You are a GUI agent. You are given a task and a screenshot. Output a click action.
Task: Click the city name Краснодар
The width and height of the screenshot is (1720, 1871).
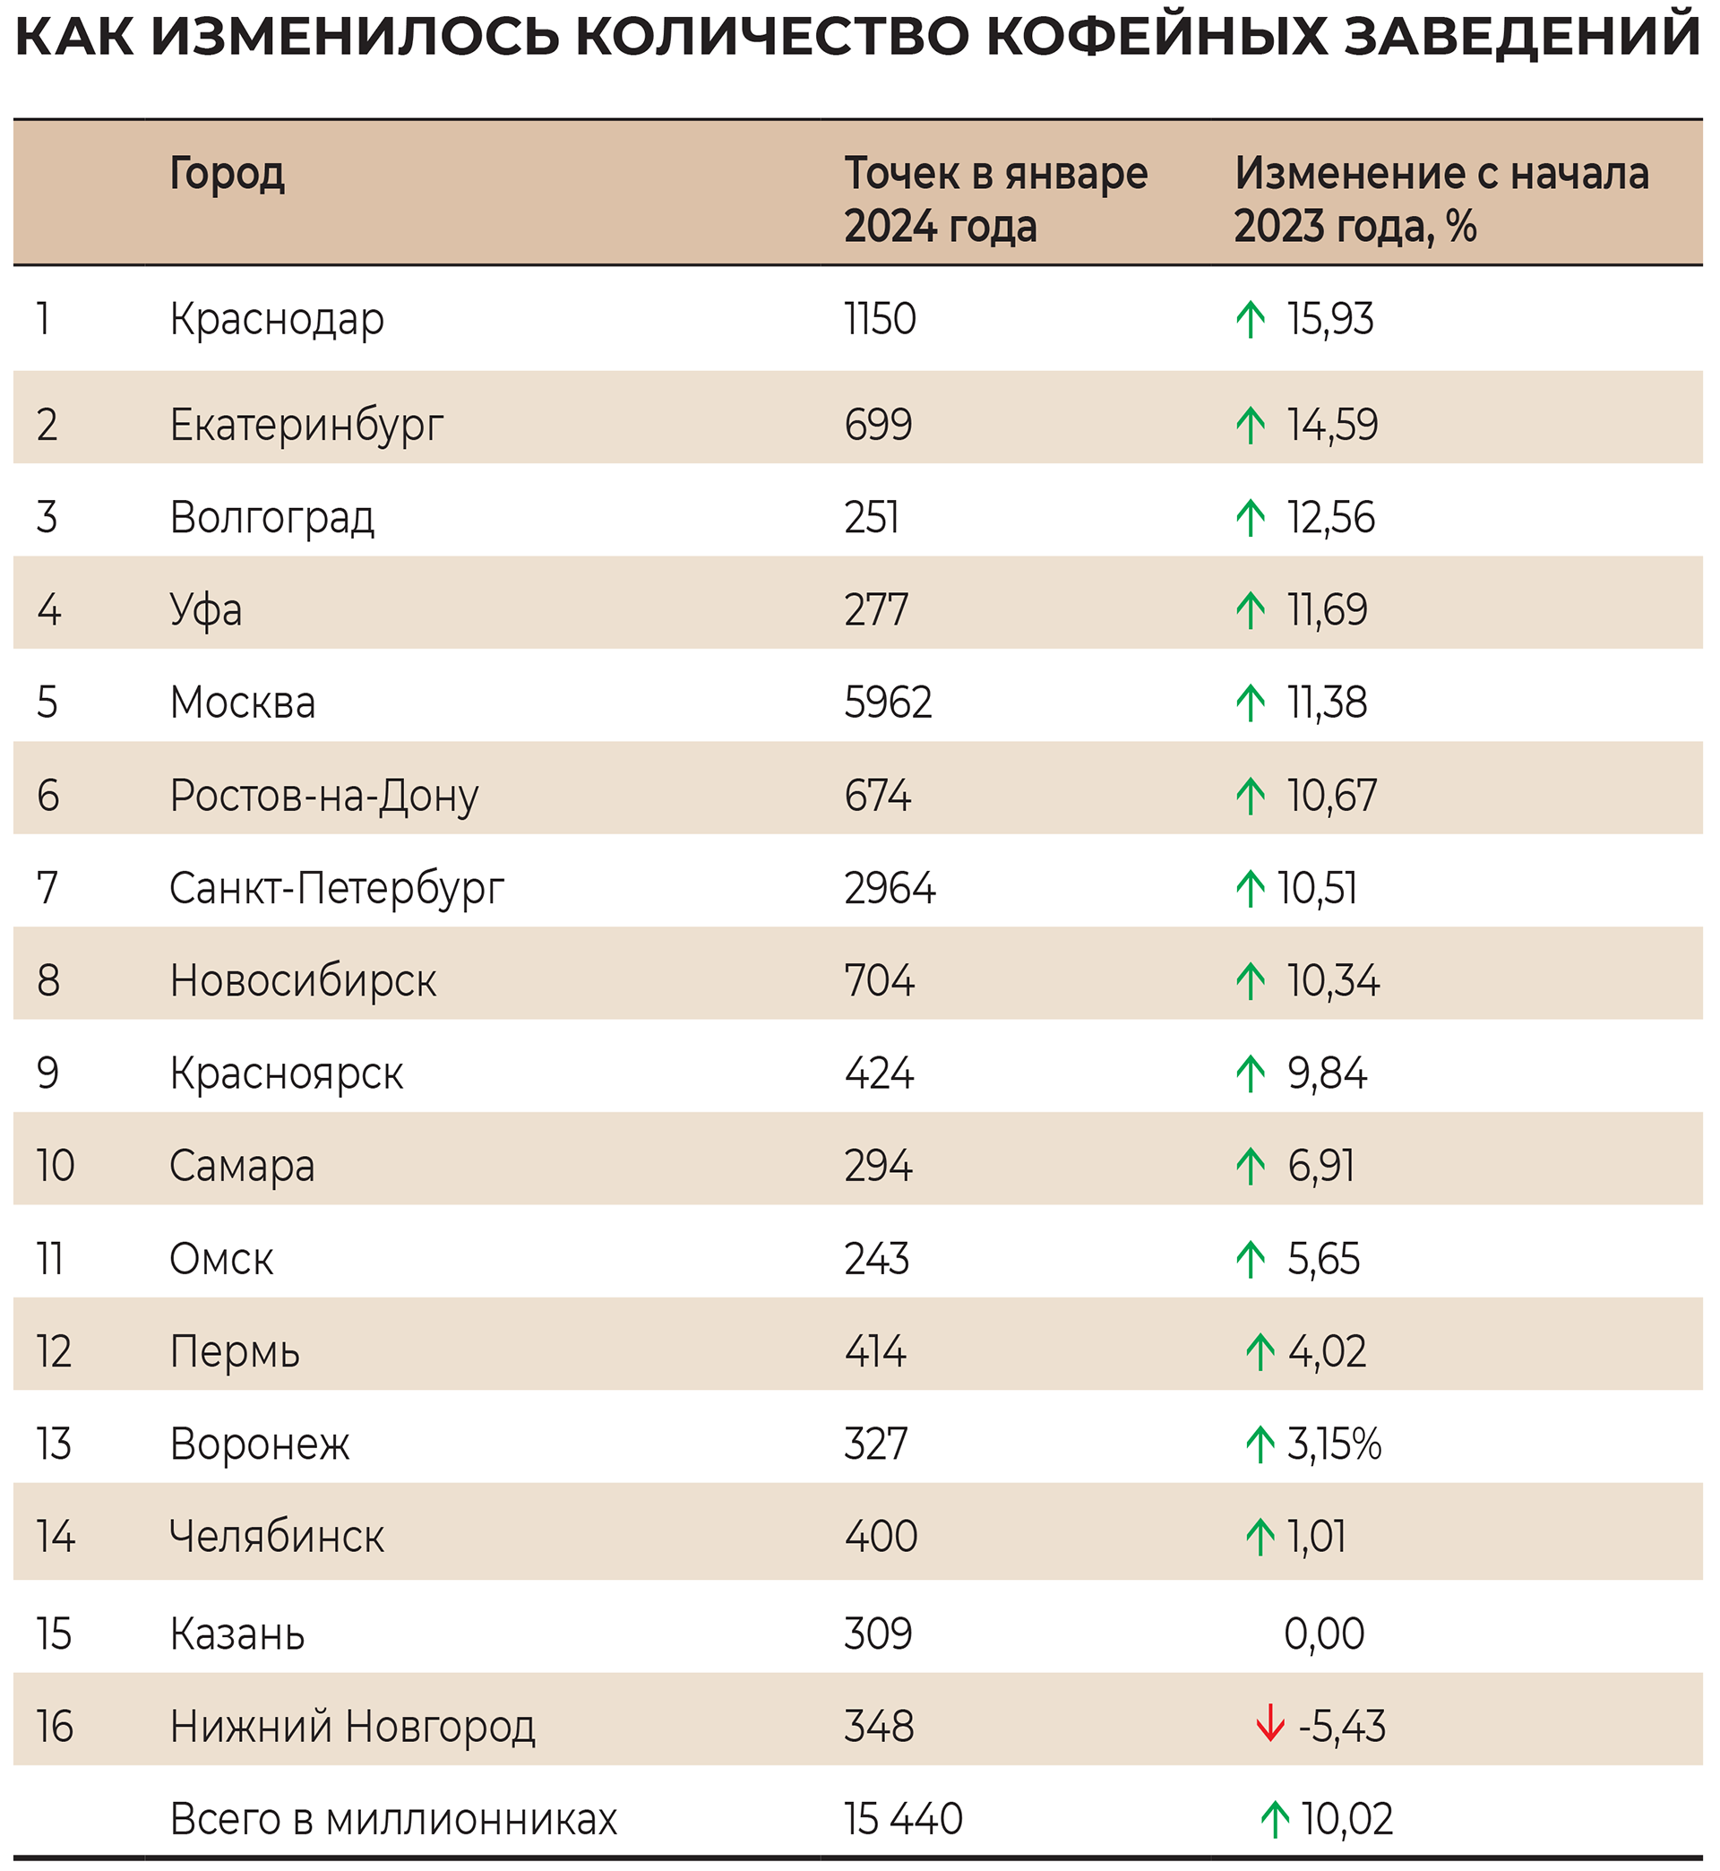[x=277, y=320]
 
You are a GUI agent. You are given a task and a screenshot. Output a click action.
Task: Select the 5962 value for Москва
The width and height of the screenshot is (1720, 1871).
[x=887, y=703]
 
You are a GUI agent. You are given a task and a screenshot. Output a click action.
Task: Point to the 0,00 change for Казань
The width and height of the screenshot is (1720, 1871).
[x=1323, y=1634]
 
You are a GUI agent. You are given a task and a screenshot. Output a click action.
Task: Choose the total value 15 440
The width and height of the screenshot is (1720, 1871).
[x=903, y=1819]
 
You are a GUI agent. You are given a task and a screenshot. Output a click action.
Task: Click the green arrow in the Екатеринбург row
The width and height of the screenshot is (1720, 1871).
[x=1250, y=426]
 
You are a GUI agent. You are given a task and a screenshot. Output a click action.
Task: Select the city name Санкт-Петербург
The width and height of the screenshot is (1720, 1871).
[x=336, y=889]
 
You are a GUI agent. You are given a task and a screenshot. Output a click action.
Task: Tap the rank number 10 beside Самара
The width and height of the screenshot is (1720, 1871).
[x=55, y=1167]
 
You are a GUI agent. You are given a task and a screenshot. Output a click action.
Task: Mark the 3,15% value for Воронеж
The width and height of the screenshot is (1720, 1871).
[x=1334, y=1444]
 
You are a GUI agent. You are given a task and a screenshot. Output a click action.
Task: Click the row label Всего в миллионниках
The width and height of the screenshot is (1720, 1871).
[x=392, y=1819]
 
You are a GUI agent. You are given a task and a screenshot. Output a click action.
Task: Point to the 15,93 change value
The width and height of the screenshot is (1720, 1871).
[x=1329, y=319]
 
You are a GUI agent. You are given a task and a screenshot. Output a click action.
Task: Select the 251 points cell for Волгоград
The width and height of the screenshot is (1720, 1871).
[x=871, y=518]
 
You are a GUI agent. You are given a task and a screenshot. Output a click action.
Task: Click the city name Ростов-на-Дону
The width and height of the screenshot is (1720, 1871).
[x=324, y=796]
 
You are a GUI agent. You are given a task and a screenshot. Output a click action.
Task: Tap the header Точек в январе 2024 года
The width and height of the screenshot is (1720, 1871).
[x=995, y=199]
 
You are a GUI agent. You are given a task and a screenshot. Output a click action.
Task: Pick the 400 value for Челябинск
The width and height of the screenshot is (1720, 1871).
[x=881, y=1537]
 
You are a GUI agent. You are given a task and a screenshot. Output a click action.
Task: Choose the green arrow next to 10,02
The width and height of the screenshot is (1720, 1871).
[x=1274, y=1819]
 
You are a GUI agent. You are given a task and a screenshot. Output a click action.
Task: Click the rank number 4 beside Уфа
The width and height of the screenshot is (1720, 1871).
[x=48, y=610]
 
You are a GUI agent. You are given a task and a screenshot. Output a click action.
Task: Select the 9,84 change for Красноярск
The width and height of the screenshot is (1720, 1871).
[x=1327, y=1073]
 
